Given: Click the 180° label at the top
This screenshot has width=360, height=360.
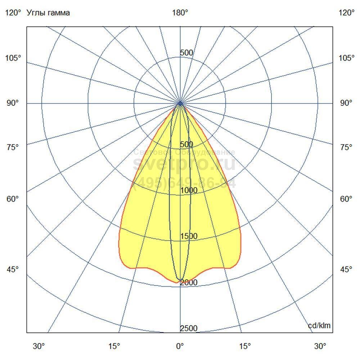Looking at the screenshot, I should click(x=180, y=13).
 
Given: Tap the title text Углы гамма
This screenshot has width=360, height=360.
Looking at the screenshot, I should click(x=48, y=13).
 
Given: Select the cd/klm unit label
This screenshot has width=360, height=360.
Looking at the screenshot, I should click(x=319, y=326).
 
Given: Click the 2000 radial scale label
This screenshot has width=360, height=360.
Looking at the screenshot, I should click(x=189, y=283).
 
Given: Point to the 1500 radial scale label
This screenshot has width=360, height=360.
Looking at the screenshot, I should click(x=189, y=237).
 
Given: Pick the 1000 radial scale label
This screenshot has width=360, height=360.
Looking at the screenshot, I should click(x=189, y=190).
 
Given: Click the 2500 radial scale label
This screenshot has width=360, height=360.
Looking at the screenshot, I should click(x=189, y=328).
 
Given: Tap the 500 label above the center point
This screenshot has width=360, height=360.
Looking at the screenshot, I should click(x=186, y=53).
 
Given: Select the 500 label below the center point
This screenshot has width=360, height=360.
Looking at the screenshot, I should click(x=186, y=144).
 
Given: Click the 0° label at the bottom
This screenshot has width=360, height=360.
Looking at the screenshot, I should click(x=180, y=346).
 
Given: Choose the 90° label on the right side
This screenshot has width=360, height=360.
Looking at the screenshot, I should click(x=346, y=103).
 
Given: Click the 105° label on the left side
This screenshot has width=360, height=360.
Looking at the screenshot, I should click(x=13, y=58).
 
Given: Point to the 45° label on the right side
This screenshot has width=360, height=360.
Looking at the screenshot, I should click(x=346, y=270).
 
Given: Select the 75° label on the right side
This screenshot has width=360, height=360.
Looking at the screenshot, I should click(x=346, y=147).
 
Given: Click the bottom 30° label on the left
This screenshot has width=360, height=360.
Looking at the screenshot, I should click(x=39, y=346).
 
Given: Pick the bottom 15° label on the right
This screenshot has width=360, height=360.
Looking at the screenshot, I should click(x=245, y=346).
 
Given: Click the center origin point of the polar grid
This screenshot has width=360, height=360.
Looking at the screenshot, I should click(x=180, y=103).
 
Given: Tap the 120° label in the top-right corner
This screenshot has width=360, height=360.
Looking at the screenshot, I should click(x=346, y=13).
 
